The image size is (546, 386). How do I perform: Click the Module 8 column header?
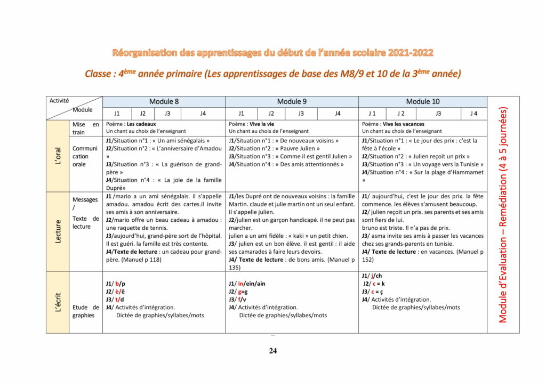(x=164, y=101)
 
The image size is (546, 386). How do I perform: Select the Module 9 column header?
(x=292, y=101)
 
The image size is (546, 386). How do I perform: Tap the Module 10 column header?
(x=422, y=101)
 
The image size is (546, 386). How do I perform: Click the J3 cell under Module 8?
(x=167, y=114)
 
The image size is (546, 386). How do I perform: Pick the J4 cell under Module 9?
(x=338, y=114)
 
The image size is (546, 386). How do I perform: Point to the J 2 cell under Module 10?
(x=400, y=114)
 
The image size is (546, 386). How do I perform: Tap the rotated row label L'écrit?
(x=58, y=302)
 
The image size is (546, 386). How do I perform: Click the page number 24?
(x=272, y=351)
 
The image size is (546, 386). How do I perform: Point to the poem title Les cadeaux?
(x=141, y=124)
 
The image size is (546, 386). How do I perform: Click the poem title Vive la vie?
(x=261, y=124)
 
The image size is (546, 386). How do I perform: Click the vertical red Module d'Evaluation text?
(x=503, y=215)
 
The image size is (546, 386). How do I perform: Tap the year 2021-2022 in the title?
(x=411, y=53)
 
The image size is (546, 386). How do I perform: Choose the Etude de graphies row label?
(x=85, y=311)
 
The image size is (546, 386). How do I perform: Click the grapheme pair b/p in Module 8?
(x=120, y=284)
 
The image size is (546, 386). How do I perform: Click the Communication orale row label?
(x=85, y=156)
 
